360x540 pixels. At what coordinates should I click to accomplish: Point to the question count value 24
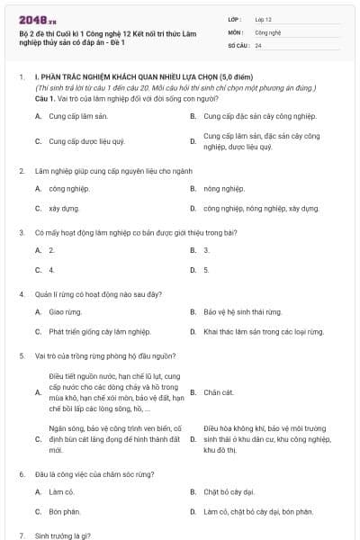click(x=258, y=44)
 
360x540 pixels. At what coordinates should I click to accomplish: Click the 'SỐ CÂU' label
click(x=238, y=44)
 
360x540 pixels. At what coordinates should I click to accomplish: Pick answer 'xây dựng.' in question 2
click(x=64, y=208)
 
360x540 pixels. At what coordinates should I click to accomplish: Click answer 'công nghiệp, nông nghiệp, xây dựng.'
click(x=261, y=208)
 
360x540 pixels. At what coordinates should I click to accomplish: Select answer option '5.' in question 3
click(x=207, y=269)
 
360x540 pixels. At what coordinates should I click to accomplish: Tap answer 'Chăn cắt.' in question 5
click(x=219, y=392)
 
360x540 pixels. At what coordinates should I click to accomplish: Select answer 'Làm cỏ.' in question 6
click(x=60, y=492)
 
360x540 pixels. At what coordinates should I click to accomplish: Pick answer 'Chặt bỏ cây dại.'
click(x=229, y=492)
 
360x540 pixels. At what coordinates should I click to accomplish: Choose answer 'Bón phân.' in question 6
click(x=65, y=511)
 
